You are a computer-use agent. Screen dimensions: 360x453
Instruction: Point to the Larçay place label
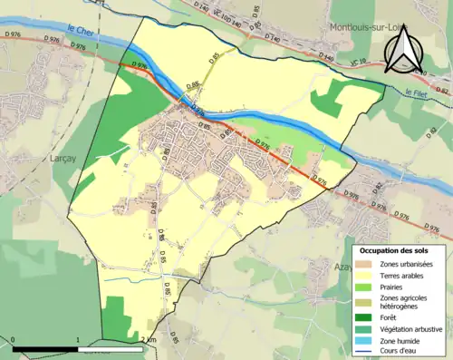tap(57, 156)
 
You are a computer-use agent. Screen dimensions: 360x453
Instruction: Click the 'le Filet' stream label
tap(418, 93)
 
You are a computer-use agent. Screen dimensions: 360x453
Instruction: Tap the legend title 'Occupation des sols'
tap(393, 249)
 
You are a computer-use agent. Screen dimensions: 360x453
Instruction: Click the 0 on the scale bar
tap(14, 340)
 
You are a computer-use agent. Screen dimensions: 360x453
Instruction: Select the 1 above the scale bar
tap(78, 340)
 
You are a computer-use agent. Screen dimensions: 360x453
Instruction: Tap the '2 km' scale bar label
tap(149, 340)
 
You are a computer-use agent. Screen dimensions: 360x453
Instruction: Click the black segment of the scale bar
tap(45, 349)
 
